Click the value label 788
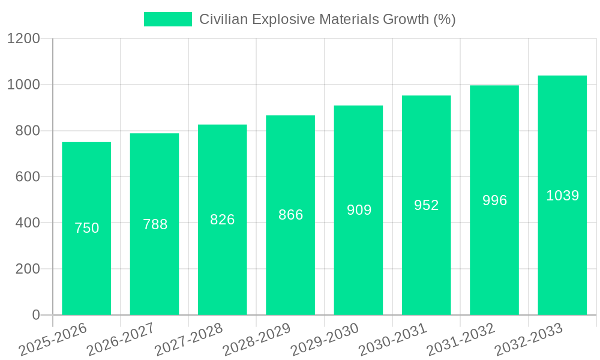(x=155, y=224)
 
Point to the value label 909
(x=359, y=210)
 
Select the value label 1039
(x=562, y=196)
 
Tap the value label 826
(x=223, y=220)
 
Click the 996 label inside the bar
(x=494, y=200)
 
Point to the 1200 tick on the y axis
(x=23, y=39)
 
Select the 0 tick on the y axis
(x=36, y=315)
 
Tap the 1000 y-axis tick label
(x=23, y=85)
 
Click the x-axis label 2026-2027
(x=121, y=340)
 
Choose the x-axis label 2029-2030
(x=325, y=340)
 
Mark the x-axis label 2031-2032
(x=461, y=340)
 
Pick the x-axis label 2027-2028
(x=188, y=340)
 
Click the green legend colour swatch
(x=167, y=19)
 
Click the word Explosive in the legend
(x=284, y=19)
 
